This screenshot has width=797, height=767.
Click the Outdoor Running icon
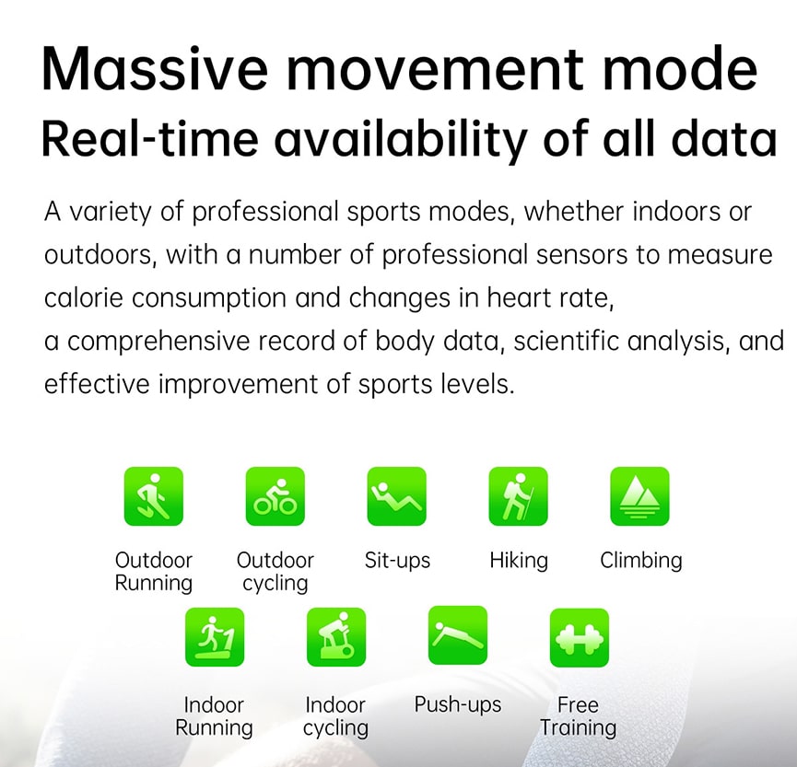[154, 496]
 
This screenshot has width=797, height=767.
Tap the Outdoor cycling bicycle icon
[275, 496]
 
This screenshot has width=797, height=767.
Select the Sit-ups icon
[396, 496]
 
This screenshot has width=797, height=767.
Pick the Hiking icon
[518, 496]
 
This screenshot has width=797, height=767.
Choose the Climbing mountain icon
[639, 496]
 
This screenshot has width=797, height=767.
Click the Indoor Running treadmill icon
[215, 637]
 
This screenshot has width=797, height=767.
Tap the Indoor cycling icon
[336, 637]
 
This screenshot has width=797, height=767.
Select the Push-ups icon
[457, 635]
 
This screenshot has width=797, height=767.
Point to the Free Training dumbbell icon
[579, 637]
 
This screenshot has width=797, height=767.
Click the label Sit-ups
[397, 561]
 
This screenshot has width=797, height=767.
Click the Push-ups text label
[457, 705]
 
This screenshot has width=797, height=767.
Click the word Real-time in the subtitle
[150, 139]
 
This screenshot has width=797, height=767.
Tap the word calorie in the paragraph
[83, 297]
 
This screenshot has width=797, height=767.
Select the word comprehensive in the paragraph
[158, 342]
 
